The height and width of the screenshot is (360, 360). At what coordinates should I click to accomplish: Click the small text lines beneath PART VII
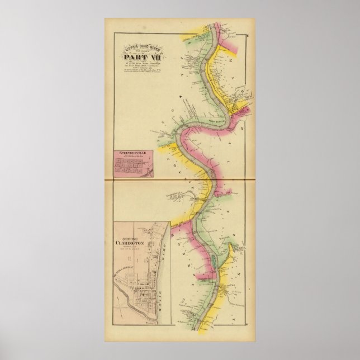coord(136,65)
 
